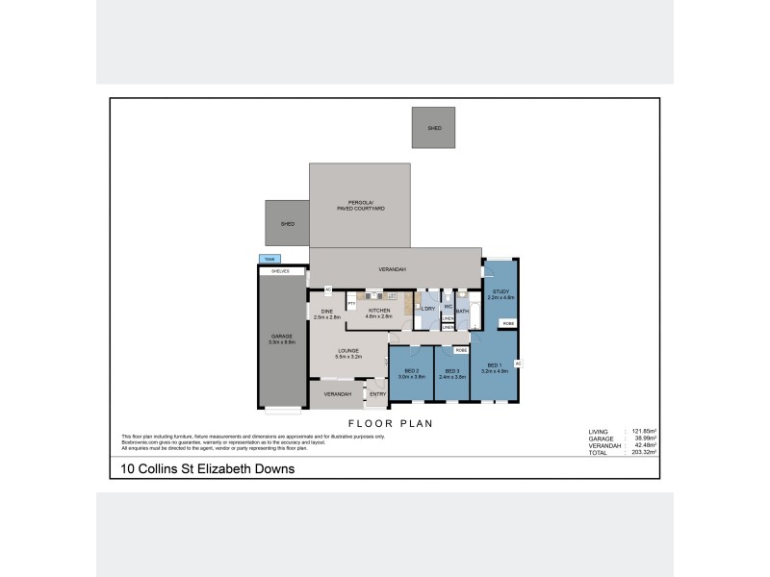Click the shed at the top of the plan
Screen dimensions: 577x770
click(x=433, y=127)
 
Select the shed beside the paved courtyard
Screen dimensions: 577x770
click(x=287, y=223)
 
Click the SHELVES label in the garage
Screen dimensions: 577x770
click(x=281, y=271)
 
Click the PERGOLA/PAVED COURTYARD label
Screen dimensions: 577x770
click(x=359, y=205)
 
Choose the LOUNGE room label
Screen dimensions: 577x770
click(x=347, y=353)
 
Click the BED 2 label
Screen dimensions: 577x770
click(x=411, y=373)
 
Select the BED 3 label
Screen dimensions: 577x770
click(x=451, y=373)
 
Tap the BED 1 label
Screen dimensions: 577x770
click(x=494, y=366)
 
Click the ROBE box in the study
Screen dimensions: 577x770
click(x=507, y=322)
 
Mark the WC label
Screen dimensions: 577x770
click(x=448, y=306)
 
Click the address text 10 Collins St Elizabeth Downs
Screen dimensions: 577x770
click(x=207, y=469)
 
